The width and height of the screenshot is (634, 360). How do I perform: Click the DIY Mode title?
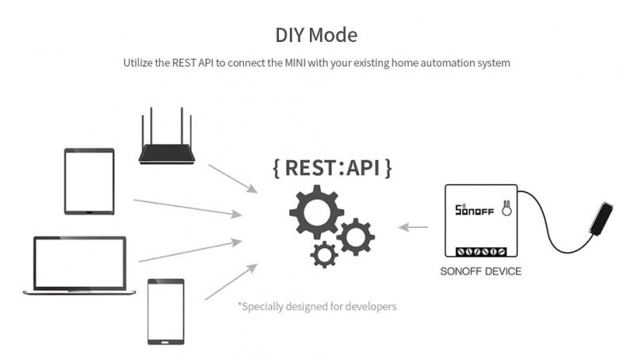click(x=316, y=35)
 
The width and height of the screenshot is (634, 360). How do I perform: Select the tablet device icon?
click(x=90, y=182)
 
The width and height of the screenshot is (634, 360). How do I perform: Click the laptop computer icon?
click(x=79, y=266)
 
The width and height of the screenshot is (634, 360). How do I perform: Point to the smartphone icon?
click(x=166, y=312)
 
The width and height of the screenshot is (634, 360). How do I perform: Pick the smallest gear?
click(x=324, y=255)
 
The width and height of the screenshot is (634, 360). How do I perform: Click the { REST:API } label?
click(x=332, y=167)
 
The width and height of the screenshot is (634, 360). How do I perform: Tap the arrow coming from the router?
click(x=233, y=178)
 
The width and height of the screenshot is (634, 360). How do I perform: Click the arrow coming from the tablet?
click(x=188, y=209)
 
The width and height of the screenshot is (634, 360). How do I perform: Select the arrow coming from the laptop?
click(x=190, y=251)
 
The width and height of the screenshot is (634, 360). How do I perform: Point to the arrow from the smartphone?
click(x=231, y=282)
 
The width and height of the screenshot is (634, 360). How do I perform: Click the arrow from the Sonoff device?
click(x=413, y=228)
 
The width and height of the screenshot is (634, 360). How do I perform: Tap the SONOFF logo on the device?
click(x=474, y=209)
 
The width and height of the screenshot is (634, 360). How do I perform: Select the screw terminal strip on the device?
click(x=481, y=251)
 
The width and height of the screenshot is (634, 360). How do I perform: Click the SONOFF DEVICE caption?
click(x=481, y=271)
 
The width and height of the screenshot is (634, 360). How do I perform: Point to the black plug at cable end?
click(x=602, y=219)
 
